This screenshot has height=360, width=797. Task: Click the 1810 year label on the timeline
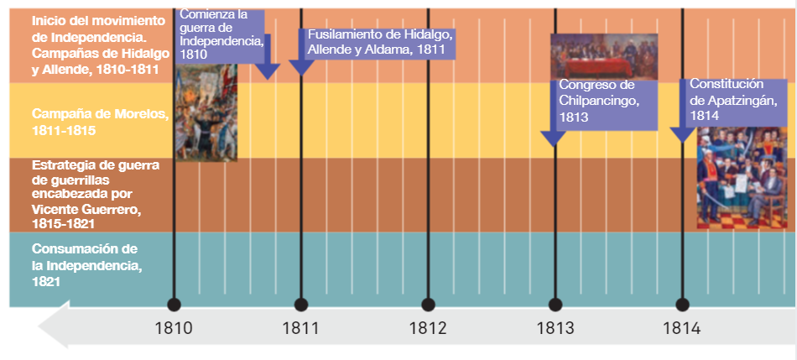pos(174,328)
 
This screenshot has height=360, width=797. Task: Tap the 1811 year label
pos(300,328)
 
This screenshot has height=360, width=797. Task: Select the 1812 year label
pos(428,328)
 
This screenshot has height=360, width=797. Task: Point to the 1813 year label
pos(555,328)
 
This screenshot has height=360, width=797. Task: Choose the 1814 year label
pos(682,328)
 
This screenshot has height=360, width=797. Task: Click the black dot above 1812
pos(428,305)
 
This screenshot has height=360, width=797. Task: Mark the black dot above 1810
pos(174,305)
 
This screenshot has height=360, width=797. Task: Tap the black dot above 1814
pos(682,305)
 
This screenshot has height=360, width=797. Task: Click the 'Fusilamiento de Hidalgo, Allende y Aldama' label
pos(379,42)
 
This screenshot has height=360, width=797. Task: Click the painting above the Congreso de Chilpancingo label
pos(603,55)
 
